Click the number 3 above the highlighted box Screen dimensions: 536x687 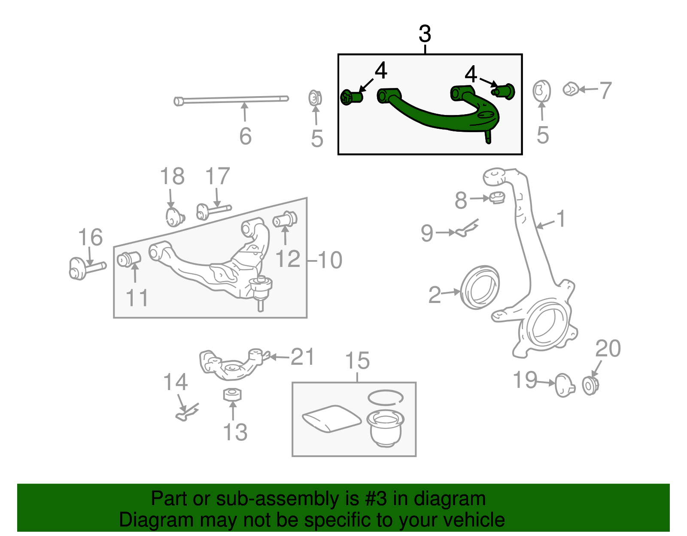point(425,34)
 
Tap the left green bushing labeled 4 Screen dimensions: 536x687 point(351,97)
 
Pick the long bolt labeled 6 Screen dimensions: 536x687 point(232,100)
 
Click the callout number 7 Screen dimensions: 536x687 point(605,91)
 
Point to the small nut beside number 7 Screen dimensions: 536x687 point(571,89)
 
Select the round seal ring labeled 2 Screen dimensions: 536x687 point(480,287)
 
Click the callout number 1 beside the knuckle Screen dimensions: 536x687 point(561,218)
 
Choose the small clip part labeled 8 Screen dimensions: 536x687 point(497,197)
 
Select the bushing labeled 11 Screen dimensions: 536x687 point(129,259)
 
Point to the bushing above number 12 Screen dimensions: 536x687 point(285,219)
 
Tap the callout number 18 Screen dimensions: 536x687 point(172,176)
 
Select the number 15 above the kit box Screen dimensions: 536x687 point(357,360)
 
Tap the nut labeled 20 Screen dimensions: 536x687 point(590,385)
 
